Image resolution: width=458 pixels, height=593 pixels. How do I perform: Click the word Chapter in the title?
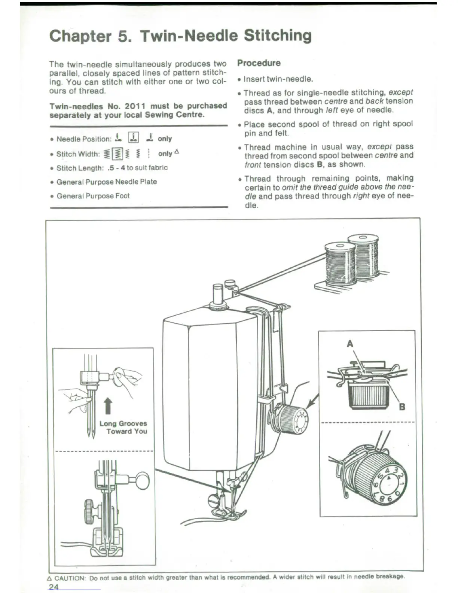(80, 36)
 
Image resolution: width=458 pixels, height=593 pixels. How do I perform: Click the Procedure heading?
(259, 63)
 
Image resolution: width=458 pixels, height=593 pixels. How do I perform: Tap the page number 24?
(54, 586)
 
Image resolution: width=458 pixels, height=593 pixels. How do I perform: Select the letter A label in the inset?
(350, 344)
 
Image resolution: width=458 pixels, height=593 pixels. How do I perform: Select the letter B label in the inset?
(402, 407)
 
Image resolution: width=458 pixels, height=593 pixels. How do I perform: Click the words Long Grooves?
(123, 423)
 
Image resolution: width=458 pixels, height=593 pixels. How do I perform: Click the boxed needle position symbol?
(134, 138)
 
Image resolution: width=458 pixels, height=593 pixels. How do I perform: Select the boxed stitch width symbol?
(117, 153)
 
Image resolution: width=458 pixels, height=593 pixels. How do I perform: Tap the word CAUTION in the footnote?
(70, 578)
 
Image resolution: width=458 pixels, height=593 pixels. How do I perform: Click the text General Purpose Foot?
(93, 196)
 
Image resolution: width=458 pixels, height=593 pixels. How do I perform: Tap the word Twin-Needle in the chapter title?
(189, 36)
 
